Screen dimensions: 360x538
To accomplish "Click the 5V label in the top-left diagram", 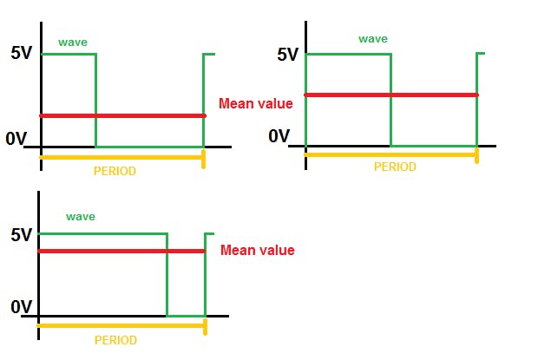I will [22, 52].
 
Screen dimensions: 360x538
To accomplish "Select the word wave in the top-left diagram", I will [72, 42].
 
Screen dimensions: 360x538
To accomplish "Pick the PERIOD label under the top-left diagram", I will [115, 171].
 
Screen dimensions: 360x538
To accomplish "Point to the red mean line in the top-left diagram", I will [121, 115].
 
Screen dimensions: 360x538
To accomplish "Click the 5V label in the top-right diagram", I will [287, 55].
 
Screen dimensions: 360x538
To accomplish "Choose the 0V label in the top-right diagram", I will [279, 135].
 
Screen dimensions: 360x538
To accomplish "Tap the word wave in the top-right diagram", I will [373, 39].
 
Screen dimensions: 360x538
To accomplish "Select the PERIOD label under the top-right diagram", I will [395, 167].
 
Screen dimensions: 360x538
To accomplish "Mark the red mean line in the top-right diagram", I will [390, 95].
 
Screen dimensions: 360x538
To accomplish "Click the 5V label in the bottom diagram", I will [21, 234].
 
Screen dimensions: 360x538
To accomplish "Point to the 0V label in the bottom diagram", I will [21, 306].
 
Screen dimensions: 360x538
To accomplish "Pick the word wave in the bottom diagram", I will [81, 216].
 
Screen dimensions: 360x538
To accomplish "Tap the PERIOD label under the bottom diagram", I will [115, 340].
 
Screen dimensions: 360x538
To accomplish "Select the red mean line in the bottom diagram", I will [121, 251].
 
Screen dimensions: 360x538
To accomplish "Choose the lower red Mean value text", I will [258, 251].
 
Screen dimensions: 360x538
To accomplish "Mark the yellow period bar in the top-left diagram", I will [121, 158].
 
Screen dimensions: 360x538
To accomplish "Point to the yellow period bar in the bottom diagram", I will [121, 326].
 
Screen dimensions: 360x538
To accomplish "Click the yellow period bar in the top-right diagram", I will [390, 154].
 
